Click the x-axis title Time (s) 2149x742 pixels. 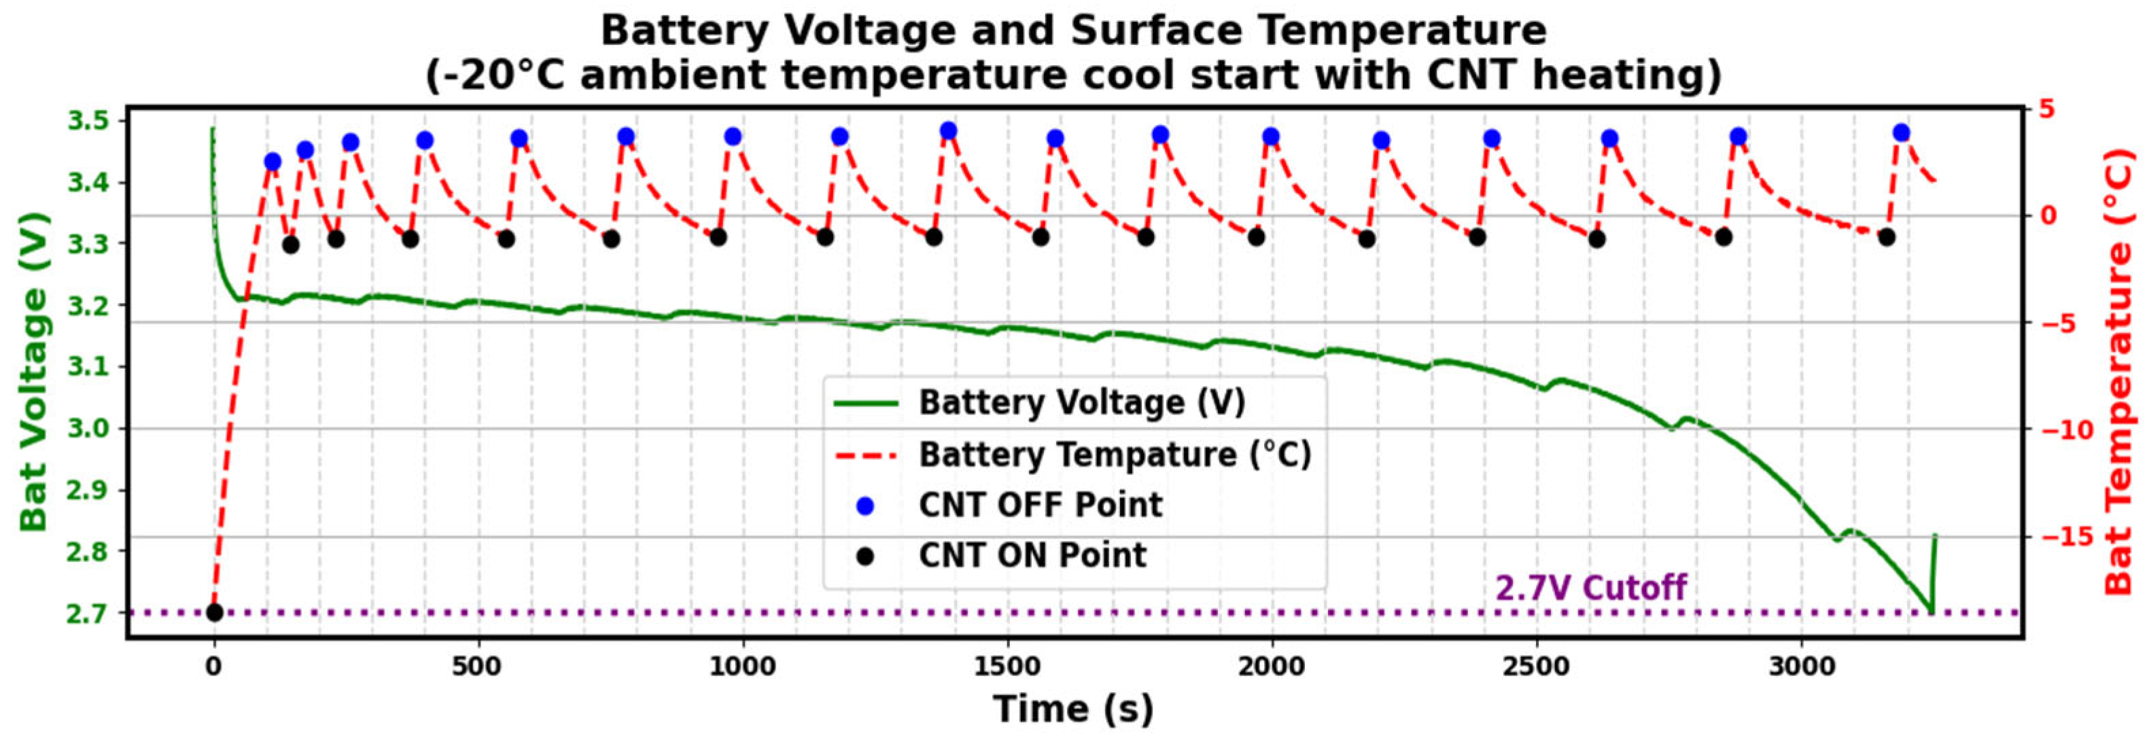1074,709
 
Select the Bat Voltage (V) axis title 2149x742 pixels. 34,371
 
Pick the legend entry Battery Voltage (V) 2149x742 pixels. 1081,403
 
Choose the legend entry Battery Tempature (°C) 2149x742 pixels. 1115,455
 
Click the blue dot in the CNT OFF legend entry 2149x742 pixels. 865,506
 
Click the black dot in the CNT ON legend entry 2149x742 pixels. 865,556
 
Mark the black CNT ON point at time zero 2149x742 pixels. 214,612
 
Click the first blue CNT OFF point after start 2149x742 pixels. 272,162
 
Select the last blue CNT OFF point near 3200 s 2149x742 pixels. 1901,132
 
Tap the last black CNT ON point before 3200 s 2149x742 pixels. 1886,236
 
